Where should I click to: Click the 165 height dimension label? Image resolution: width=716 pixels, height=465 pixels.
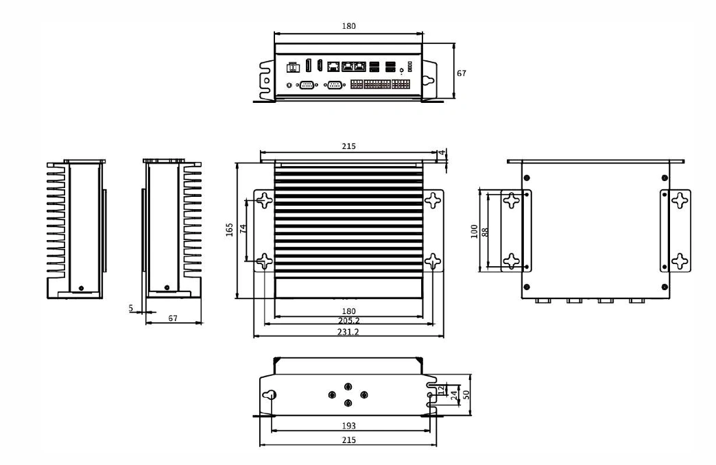click(x=230, y=229)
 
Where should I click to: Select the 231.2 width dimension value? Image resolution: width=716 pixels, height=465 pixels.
click(x=348, y=332)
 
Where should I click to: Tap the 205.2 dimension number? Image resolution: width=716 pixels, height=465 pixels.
click(x=348, y=321)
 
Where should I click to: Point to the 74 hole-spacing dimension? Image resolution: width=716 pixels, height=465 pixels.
click(x=243, y=228)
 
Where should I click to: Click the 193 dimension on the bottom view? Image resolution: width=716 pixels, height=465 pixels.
click(x=348, y=426)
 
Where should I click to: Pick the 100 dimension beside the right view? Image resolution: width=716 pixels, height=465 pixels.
click(x=474, y=231)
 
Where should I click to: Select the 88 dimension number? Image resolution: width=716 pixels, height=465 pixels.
click(x=485, y=232)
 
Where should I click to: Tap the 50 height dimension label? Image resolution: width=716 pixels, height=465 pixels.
click(x=466, y=394)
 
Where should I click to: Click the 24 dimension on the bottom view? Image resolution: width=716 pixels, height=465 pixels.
click(x=454, y=396)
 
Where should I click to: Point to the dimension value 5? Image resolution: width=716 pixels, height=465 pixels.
click(x=131, y=308)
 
